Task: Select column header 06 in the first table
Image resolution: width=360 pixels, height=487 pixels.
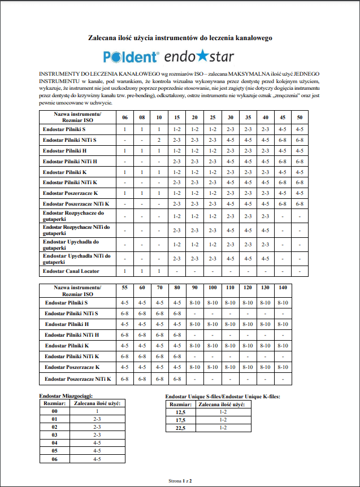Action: click(x=124, y=118)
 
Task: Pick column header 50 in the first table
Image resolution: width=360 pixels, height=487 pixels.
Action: click(x=300, y=118)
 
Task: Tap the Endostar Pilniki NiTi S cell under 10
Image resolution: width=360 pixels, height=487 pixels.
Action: click(x=159, y=140)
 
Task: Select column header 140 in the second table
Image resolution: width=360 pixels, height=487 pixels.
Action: click(x=283, y=288)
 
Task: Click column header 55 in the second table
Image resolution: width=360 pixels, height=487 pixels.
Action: click(x=124, y=288)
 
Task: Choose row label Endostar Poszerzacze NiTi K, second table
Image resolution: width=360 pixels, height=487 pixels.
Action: click(x=78, y=379)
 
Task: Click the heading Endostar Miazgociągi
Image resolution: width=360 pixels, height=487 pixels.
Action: click(x=66, y=397)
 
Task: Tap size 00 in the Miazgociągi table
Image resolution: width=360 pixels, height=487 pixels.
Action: click(x=54, y=412)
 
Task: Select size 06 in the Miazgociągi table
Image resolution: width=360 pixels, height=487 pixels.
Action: click(x=54, y=460)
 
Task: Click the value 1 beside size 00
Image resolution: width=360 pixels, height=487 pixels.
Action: click(x=97, y=412)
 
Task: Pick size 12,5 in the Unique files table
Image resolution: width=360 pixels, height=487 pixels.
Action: click(x=181, y=412)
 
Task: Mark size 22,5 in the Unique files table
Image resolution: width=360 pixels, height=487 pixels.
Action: click(x=181, y=428)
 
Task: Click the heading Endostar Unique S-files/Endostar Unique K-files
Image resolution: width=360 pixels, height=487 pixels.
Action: click(x=222, y=397)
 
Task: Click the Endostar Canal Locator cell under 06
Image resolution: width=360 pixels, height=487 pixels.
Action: click(x=124, y=272)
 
